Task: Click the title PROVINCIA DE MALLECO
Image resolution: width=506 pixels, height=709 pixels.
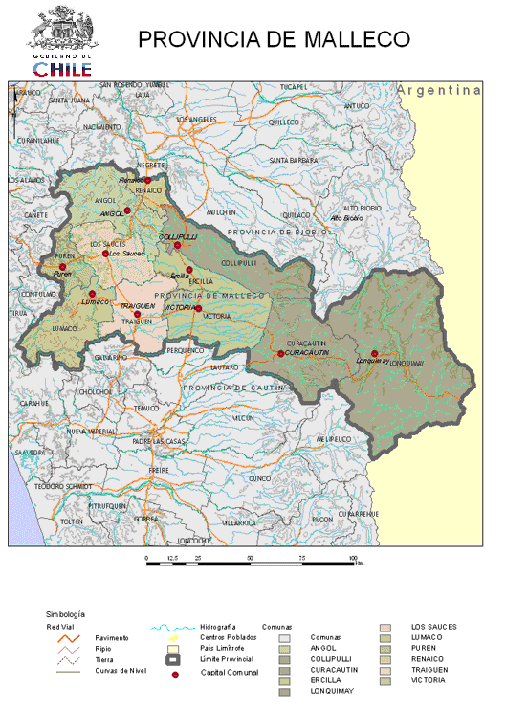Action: (275, 39)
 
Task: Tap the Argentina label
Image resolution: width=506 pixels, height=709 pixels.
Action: (440, 90)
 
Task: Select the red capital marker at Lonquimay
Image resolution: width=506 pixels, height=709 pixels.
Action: (374, 353)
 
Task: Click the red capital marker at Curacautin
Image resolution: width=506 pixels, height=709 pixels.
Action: (280, 353)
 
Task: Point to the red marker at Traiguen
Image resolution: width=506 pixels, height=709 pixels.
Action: (137, 314)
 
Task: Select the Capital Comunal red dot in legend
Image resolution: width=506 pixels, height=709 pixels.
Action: (175, 675)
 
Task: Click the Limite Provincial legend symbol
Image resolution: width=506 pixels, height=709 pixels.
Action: (175, 660)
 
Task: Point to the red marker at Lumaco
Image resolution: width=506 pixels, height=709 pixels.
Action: (92, 294)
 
